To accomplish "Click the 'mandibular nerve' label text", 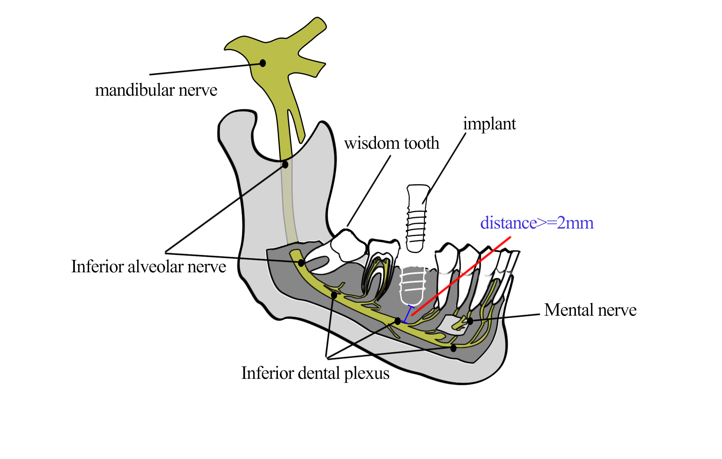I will click(x=156, y=90).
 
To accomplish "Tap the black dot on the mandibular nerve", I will click(x=263, y=63).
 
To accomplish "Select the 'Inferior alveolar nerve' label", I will click(x=148, y=267).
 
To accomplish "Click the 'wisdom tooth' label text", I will click(x=391, y=143).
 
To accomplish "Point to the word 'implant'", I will click(x=489, y=124).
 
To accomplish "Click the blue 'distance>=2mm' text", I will click(x=537, y=223).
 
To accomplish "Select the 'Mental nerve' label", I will click(x=590, y=310).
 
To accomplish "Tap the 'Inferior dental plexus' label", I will click(x=315, y=373).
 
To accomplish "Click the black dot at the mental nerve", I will click(x=470, y=321).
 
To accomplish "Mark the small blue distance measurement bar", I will click(x=408, y=314).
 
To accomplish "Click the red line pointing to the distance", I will click(x=461, y=276).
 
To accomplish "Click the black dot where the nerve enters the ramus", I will click(x=285, y=165).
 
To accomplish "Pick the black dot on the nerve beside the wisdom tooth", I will click(x=301, y=263).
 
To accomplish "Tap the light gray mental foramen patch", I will click(x=450, y=324).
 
